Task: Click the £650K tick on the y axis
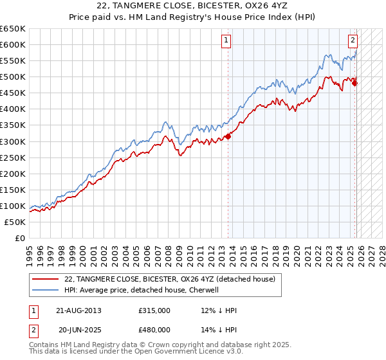(14, 29)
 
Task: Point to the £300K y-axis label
(14, 141)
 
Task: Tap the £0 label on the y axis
(21, 238)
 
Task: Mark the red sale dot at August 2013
(228, 136)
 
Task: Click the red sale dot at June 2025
(354, 82)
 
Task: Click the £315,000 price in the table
(154, 310)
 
